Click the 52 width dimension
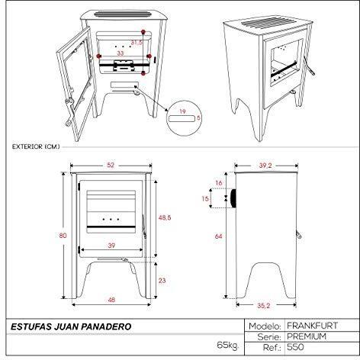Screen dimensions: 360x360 coord(111,165)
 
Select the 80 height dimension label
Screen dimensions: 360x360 coord(63,236)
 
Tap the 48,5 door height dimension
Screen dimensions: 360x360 coord(165,217)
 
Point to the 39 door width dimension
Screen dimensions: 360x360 coord(111,246)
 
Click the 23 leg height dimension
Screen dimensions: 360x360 coord(162,281)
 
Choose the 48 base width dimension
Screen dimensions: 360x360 coord(111,300)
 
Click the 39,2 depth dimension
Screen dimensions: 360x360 coord(265,166)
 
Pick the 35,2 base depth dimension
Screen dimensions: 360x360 coord(263,306)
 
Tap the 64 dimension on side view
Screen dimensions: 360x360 coord(218,236)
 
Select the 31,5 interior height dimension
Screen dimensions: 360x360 coord(137,43)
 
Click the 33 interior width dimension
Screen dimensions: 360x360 coord(120,53)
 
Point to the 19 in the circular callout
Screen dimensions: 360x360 coord(182,111)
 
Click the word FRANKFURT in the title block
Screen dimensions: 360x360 coord(313,326)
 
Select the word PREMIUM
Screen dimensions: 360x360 coord(307,336)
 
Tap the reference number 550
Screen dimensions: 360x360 coord(295,347)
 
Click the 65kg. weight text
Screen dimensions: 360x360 coord(228,346)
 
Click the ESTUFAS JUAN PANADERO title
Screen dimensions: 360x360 coord(71,326)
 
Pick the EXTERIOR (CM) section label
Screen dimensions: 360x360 coord(36,146)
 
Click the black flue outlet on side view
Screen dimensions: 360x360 coord(233,198)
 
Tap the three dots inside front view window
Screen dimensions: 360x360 coord(111,219)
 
